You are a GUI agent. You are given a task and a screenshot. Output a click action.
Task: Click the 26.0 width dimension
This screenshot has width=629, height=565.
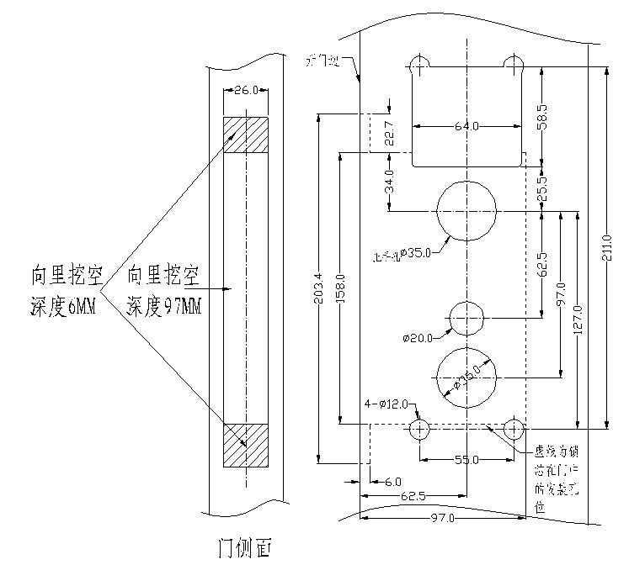245,90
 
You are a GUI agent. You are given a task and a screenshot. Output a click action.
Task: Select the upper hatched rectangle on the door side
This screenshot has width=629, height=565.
245,135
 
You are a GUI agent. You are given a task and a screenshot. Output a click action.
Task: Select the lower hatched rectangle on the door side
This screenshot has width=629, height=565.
245,444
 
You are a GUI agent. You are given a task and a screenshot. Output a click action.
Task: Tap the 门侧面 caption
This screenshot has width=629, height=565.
245,548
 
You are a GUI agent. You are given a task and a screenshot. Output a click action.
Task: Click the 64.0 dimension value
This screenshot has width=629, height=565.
466,126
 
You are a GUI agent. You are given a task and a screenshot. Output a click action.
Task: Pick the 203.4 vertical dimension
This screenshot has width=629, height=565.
317,290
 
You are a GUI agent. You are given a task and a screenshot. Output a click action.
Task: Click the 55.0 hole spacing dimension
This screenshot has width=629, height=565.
466,460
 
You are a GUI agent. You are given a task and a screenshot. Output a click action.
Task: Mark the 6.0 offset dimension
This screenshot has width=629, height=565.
392,482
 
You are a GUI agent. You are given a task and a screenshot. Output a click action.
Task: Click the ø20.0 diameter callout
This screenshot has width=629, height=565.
418,338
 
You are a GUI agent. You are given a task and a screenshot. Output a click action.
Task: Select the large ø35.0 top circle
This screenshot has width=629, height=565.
466,209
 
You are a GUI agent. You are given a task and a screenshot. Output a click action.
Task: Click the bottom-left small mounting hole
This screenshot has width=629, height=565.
419,429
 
